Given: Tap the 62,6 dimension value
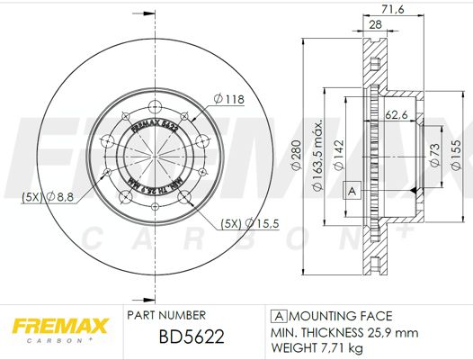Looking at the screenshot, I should pyautogui.click(x=397, y=114).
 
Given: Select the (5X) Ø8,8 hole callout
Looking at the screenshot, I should pyautogui.click(x=39, y=195).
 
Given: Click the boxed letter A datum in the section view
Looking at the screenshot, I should pyautogui.click(x=353, y=190).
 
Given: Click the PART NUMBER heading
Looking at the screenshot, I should pyautogui.click(x=166, y=315).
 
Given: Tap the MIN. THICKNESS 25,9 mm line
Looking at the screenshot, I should pyautogui.click(x=345, y=331).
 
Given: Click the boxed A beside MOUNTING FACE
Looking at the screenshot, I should pyautogui.click(x=279, y=316).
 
